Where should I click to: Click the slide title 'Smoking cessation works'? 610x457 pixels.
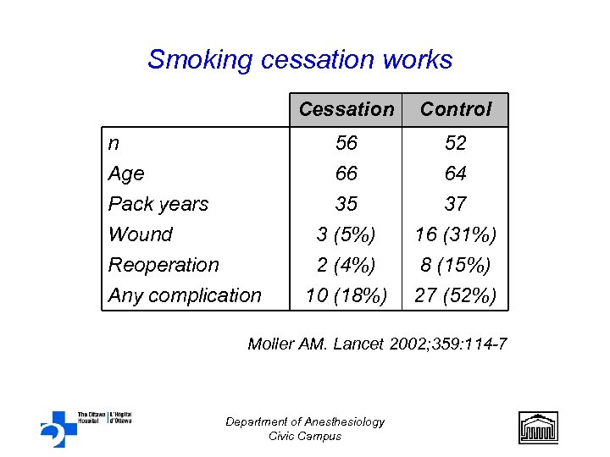[x=300, y=60]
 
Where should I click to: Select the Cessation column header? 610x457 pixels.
[x=347, y=109]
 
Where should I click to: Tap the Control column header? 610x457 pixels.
[x=456, y=109]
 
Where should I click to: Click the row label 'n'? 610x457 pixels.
[x=114, y=143]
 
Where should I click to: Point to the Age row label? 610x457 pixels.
[x=126, y=173]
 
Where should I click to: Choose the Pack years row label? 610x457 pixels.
[x=158, y=204]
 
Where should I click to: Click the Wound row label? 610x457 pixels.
[x=141, y=234]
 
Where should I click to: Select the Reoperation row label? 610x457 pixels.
[x=164, y=265]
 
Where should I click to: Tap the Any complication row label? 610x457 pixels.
[x=185, y=295]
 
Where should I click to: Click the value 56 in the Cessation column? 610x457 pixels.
[x=347, y=143]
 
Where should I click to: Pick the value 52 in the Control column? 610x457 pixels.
[x=456, y=143]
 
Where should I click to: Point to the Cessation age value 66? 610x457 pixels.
[x=347, y=173]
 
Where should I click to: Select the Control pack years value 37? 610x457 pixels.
[x=456, y=204]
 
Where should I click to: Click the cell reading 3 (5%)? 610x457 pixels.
[x=347, y=234]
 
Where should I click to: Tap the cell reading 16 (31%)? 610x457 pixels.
[x=456, y=234]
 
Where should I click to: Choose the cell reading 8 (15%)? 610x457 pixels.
[x=456, y=265]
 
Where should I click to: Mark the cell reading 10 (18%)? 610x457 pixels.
[x=347, y=295]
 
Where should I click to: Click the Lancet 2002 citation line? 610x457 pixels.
[x=377, y=344]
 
